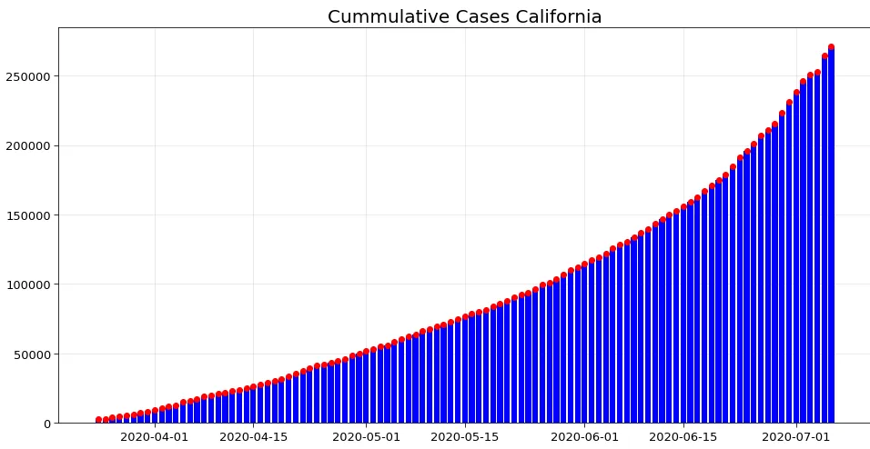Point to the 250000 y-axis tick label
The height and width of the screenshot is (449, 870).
tap(29, 76)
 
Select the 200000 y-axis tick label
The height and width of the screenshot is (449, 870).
tap(29, 145)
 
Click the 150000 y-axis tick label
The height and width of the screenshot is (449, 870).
tap(29, 215)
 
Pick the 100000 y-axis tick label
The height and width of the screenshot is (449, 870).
tap(29, 284)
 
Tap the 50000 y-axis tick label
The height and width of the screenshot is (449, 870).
tap(33, 354)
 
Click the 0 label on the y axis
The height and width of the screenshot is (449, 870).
tap(48, 424)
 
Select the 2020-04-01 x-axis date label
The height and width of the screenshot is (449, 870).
tap(155, 437)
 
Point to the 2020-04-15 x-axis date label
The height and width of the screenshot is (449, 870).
tap(253, 437)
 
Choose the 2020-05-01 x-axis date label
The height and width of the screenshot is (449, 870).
tap(366, 437)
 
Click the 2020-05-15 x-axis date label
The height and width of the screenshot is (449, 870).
tap(464, 437)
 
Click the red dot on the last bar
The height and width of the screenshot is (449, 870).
tap(831, 47)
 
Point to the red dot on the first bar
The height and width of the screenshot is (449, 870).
tap(98, 420)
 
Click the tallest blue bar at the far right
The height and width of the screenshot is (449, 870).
tap(831, 236)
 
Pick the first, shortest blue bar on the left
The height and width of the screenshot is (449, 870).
tap(98, 422)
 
